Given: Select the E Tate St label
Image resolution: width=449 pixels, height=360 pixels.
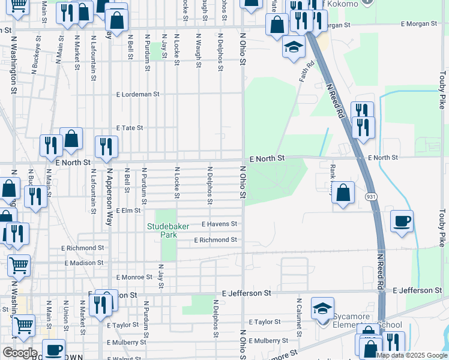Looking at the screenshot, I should pyautogui.click(x=130, y=128).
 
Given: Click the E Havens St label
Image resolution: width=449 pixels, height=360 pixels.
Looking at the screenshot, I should pyautogui.click(x=219, y=224).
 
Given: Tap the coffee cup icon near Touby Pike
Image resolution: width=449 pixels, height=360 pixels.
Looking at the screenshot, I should pyautogui.click(x=402, y=220).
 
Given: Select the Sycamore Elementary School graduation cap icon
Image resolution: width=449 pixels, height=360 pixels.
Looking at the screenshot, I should pyautogui.click(x=322, y=308).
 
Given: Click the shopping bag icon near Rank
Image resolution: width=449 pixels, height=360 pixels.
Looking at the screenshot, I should pyautogui.click(x=343, y=193).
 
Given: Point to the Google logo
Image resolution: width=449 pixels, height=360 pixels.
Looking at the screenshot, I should pyautogui.click(x=19, y=353).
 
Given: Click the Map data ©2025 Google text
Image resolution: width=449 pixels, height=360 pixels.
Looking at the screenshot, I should pyautogui.click(x=411, y=355).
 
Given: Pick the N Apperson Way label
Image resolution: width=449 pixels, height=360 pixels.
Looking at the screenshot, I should pyautogui.click(x=109, y=190).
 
